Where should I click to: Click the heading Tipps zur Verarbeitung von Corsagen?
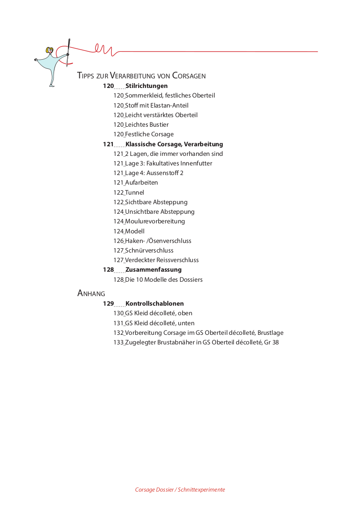[x=141, y=75]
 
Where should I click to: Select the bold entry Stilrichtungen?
[x=146, y=86]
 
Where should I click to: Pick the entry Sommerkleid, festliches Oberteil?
[x=170, y=95]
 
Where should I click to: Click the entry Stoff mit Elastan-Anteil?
[x=156, y=105]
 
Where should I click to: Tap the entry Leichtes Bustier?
[x=146, y=125]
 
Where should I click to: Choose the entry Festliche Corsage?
[x=149, y=134]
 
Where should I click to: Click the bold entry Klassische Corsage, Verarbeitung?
[x=174, y=144]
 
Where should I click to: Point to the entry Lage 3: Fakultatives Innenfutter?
[x=168, y=163]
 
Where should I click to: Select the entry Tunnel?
[x=134, y=192]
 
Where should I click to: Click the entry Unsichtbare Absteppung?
[x=160, y=212]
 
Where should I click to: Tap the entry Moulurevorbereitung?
[x=155, y=221]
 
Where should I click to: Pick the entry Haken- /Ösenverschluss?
[x=158, y=241]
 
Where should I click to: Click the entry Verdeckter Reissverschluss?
[x=162, y=260]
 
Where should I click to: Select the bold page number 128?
[x=108, y=270]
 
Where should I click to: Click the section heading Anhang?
[x=91, y=293]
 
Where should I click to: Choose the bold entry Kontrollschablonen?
[x=154, y=303]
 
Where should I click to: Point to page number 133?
[x=119, y=342]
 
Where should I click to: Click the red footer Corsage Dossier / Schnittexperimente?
[x=180, y=489]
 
